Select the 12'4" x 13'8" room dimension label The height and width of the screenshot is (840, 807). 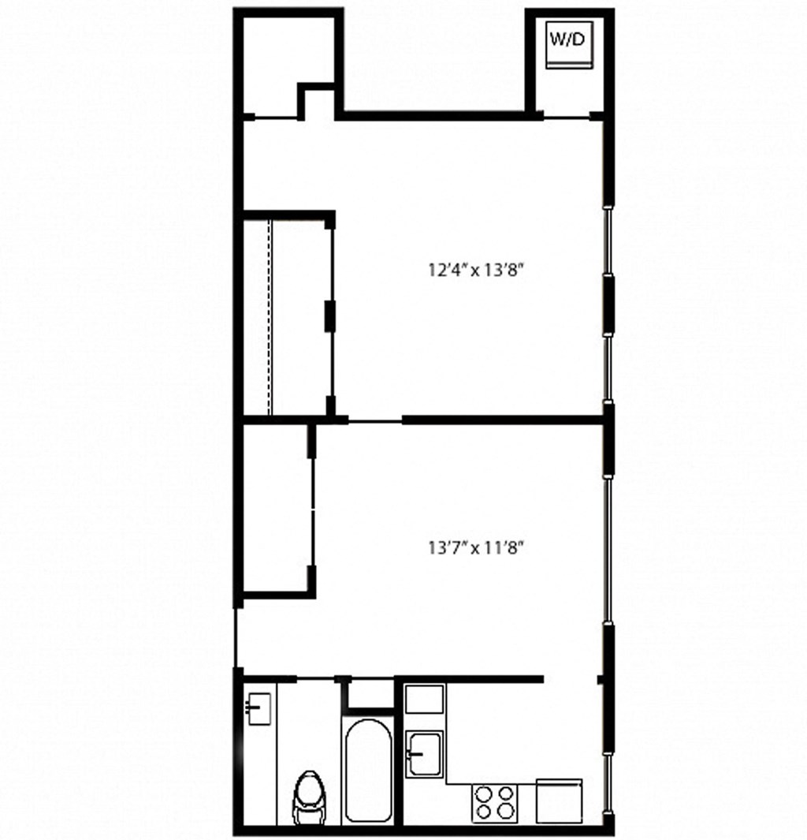(x=476, y=270)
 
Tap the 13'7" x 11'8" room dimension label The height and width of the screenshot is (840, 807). (x=476, y=547)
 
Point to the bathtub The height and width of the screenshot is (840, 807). (x=368, y=771)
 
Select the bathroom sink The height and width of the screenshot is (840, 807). (x=258, y=707)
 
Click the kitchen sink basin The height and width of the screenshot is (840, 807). (x=425, y=753)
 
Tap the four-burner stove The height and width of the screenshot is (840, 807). (x=494, y=802)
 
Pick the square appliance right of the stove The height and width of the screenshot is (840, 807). (x=559, y=801)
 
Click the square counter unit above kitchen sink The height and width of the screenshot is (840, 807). (x=424, y=699)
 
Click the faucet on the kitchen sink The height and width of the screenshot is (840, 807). (x=414, y=753)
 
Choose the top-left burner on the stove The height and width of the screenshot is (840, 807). (x=484, y=793)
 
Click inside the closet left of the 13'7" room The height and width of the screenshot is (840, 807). (x=277, y=509)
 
